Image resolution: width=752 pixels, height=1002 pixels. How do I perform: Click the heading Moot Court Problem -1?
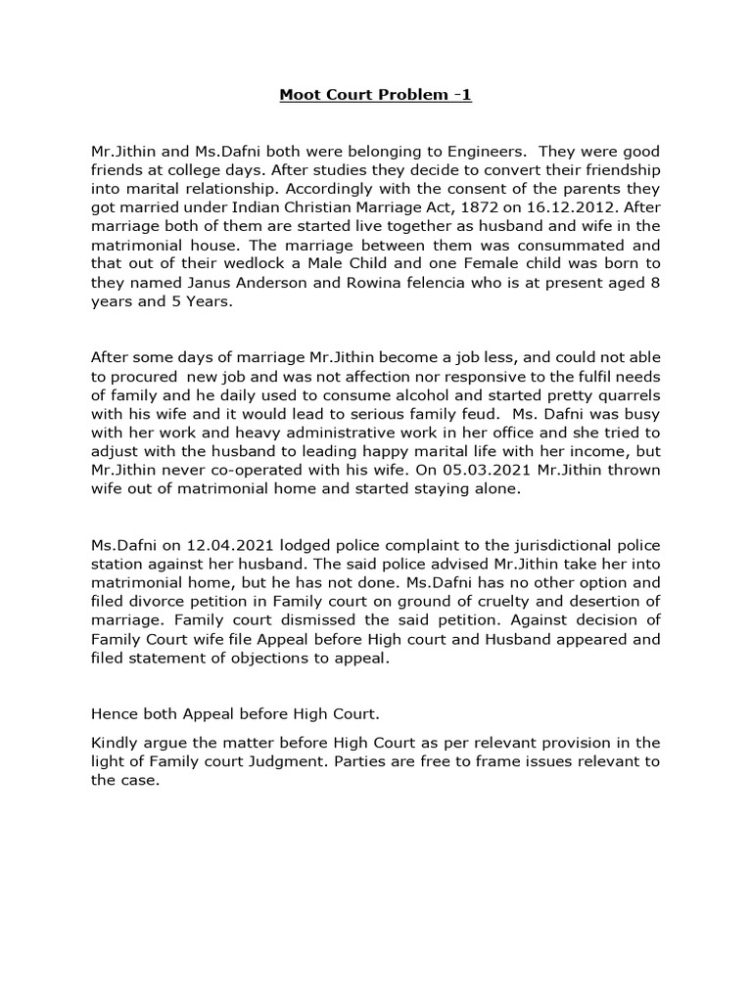coord(376,95)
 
